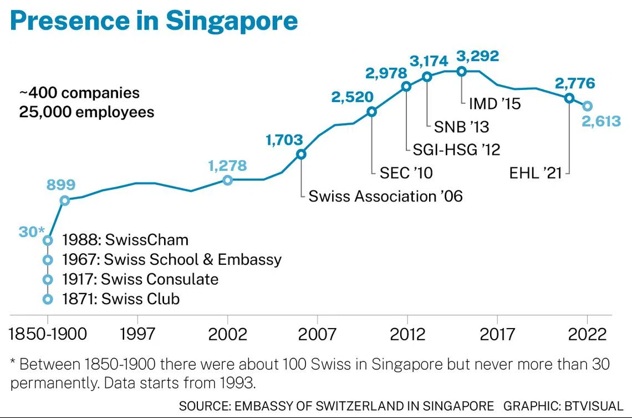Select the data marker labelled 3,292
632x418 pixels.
(461, 70)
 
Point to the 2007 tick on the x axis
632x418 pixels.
(317, 334)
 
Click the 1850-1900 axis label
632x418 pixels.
(49, 334)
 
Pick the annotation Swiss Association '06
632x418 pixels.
(385, 196)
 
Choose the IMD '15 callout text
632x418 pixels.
(495, 103)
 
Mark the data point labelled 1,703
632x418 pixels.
(301, 154)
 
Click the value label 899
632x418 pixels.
(60, 185)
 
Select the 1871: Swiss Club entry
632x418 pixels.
(121, 299)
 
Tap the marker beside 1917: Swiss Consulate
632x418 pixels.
(48, 279)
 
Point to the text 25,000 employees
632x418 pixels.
(86, 112)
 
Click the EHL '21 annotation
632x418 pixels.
(536, 173)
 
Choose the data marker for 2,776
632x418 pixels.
(569, 98)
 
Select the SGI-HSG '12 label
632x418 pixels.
(456, 149)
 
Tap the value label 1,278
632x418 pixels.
(227, 165)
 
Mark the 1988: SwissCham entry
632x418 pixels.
(125, 240)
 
